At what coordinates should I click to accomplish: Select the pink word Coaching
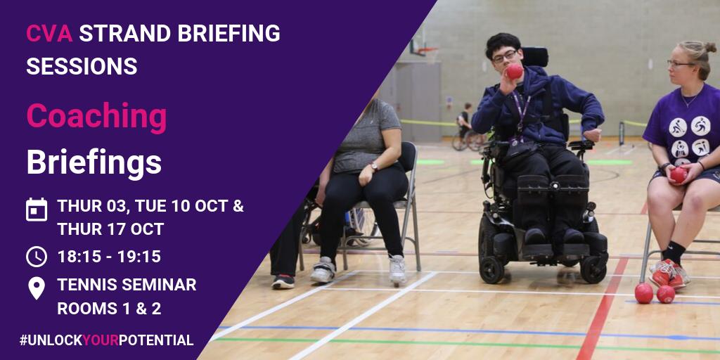tap(96, 117)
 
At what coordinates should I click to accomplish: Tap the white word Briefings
tap(94, 162)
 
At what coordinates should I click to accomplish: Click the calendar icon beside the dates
tap(37, 210)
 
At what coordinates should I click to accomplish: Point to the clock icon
tap(37, 256)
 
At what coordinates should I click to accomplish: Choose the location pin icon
tap(37, 288)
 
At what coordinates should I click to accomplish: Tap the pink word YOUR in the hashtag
tap(100, 340)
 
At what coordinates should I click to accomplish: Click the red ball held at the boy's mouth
tap(515, 71)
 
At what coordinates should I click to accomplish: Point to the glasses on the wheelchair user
tap(504, 56)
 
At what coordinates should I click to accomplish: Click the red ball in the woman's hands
tap(679, 174)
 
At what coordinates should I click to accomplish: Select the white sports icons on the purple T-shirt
tap(690, 137)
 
